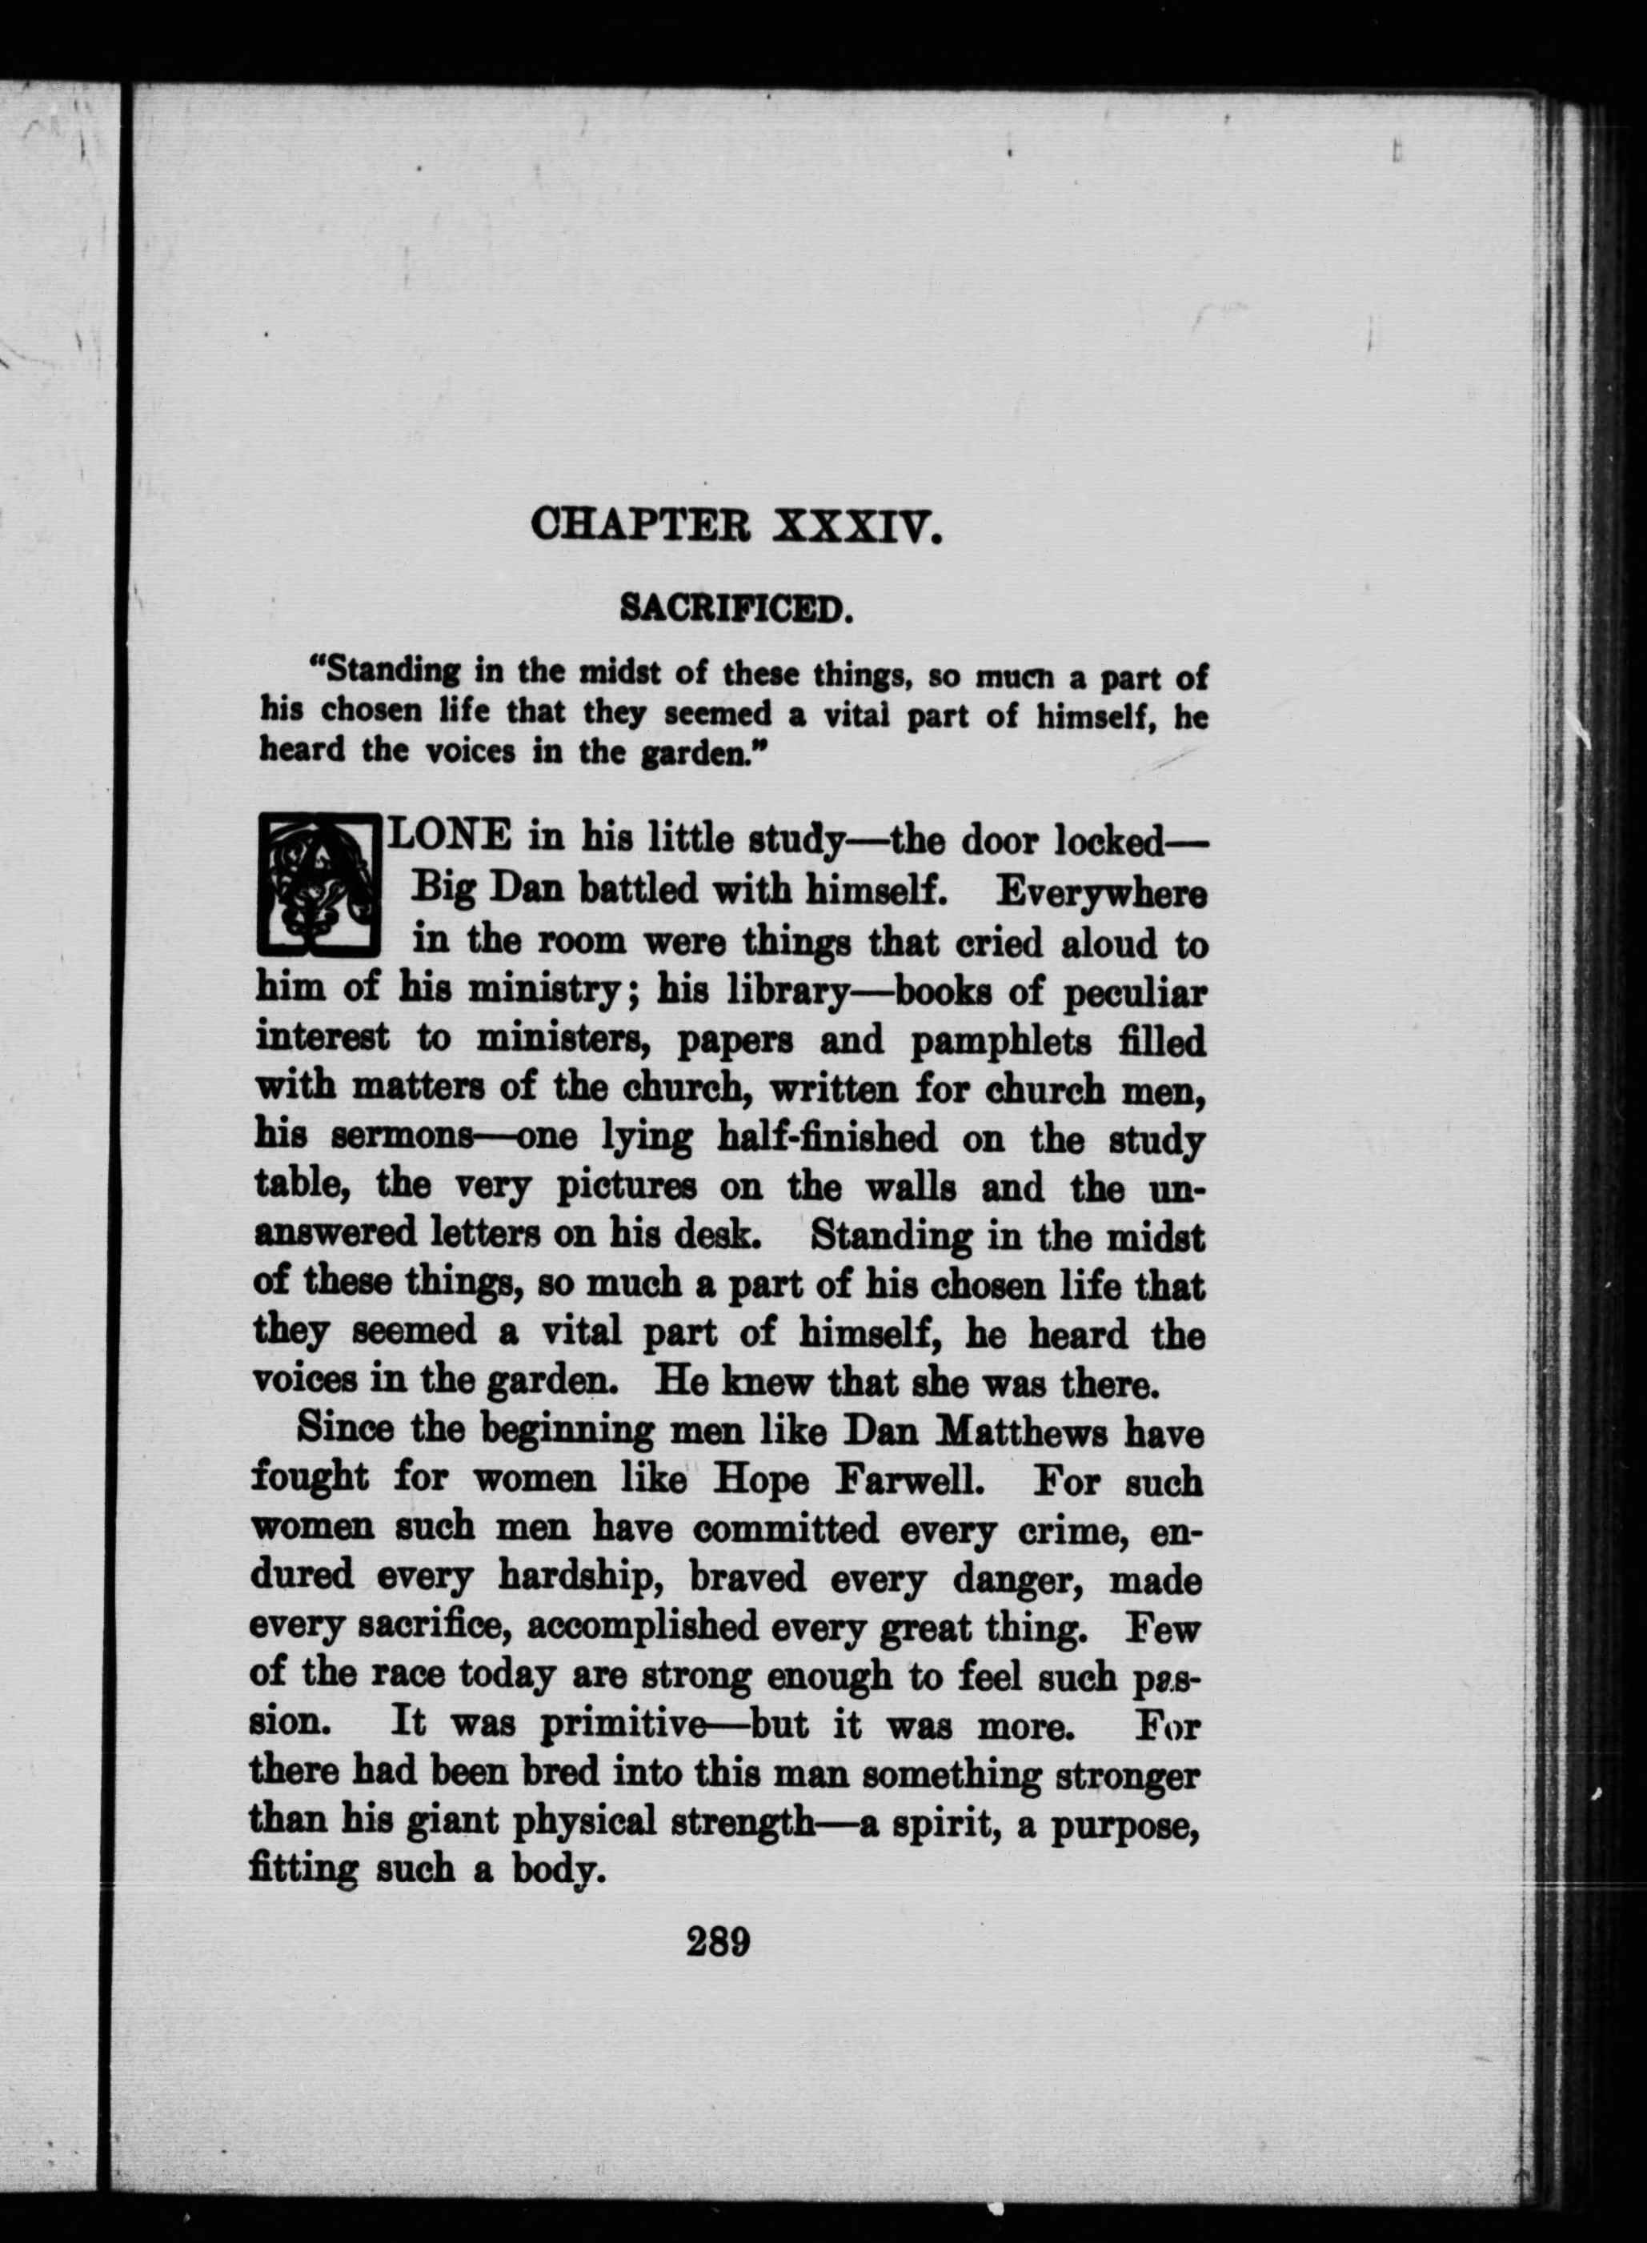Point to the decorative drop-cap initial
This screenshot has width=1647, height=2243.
click(318, 884)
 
